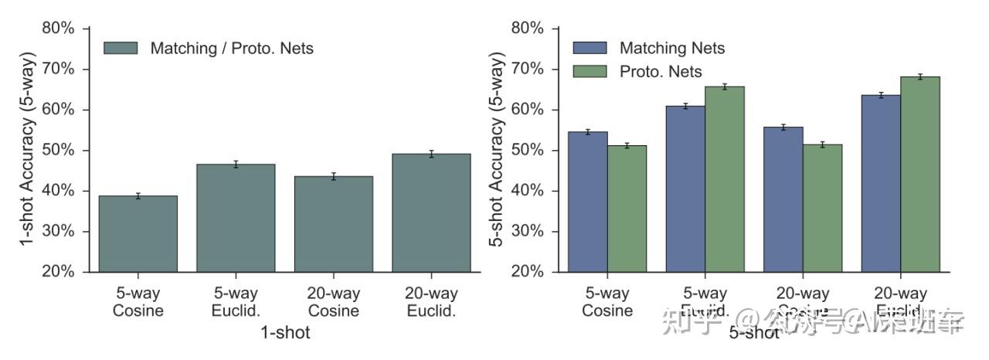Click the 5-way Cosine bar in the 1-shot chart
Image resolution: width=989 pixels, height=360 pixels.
(138, 234)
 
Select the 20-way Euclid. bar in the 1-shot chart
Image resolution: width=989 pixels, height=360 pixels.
(431, 213)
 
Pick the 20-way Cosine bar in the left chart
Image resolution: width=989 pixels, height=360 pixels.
(334, 224)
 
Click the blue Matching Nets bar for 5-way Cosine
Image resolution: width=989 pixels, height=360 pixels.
(588, 202)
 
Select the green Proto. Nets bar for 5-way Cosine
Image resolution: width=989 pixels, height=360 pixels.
(627, 209)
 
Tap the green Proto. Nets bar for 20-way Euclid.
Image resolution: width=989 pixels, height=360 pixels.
(919, 174)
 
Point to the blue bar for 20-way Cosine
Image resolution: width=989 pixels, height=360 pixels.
(783, 199)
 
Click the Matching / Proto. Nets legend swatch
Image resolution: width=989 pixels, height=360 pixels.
(120, 48)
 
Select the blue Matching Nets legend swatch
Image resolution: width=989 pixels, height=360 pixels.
(589, 48)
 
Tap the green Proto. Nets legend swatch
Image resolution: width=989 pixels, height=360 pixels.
(589, 71)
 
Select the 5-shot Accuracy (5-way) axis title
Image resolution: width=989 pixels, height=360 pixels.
(498, 151)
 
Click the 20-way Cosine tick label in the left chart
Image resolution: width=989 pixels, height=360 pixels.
(334, 302)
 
